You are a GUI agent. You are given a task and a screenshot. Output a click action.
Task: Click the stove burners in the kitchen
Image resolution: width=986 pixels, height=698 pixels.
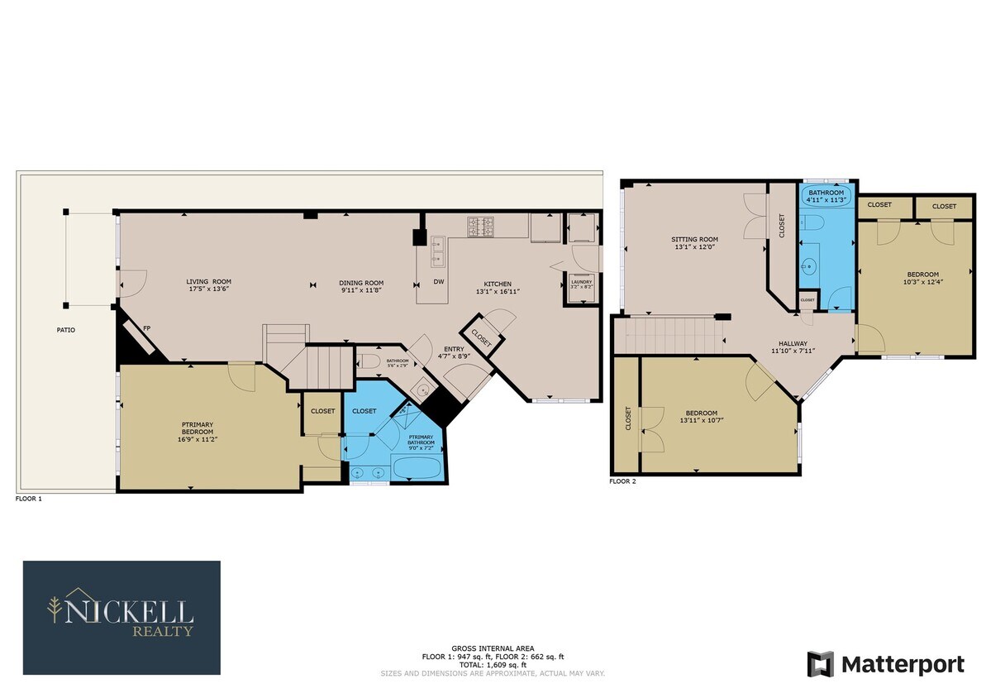(480, 226)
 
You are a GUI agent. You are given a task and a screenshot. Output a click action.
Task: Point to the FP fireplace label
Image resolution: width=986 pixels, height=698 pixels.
(146, 328)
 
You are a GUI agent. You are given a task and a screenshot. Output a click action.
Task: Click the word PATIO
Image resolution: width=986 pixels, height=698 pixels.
(65, 330)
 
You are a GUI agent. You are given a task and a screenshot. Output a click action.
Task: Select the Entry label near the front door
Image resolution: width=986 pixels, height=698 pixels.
(453, 349)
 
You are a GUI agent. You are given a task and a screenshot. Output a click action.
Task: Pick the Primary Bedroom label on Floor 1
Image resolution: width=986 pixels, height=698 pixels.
(198, 428)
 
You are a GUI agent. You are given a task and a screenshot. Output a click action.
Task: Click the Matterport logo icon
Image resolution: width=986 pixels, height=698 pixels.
(821, 664)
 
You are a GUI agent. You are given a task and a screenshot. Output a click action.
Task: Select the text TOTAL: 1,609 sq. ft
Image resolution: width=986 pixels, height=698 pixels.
(493, 665)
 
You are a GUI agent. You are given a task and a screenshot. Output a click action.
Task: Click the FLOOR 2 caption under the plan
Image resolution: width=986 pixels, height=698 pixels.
(622, 480)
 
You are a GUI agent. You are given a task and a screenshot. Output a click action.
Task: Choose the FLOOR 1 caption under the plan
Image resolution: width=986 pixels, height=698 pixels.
(28, 500)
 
